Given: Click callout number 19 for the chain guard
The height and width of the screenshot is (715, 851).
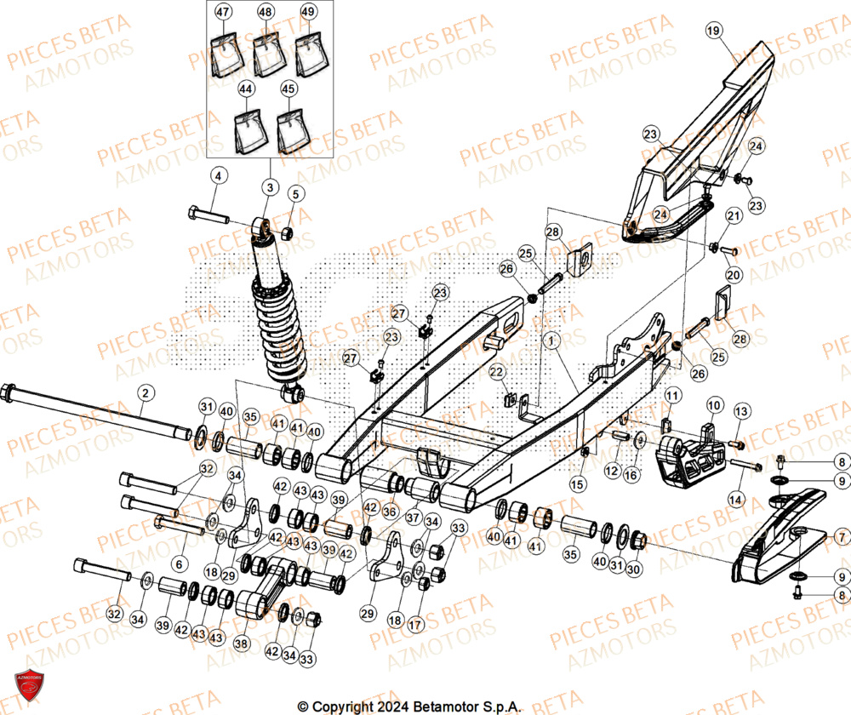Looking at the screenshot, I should [713, 31].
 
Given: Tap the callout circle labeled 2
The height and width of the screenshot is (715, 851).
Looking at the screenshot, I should [146, 392].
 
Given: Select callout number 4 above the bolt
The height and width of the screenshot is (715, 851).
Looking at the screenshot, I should [218, 176].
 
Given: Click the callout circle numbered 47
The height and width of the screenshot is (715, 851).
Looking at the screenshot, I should [222, 13].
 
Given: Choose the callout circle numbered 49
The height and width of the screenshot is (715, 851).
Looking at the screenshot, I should [307, 13].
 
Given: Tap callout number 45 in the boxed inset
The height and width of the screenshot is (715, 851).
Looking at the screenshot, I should [289, 89].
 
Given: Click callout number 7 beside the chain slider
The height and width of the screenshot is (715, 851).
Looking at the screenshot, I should [840, 537].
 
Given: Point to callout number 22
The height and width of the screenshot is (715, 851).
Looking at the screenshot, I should [496, 373].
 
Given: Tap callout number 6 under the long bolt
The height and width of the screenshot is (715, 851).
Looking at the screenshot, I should [179, 563].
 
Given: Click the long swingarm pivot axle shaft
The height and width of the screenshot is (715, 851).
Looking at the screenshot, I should [94, 412].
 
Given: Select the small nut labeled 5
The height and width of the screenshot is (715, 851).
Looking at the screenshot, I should [287, 232].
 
